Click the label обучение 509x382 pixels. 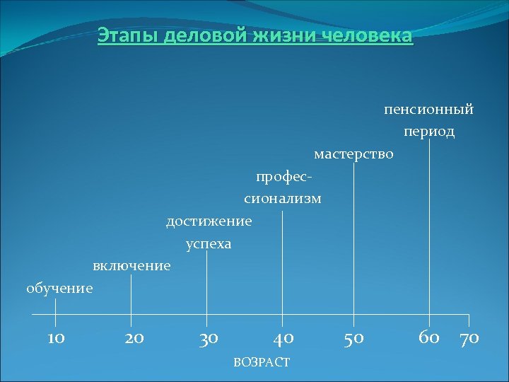coord(59,288)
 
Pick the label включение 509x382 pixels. coord(131,266)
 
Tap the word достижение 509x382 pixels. coord(209,221)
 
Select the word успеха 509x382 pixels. coord(209,244)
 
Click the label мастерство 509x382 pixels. coord(353,154)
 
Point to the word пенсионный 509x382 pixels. coord(428,110)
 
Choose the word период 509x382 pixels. coord(429,132)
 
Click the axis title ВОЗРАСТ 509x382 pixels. coord(261,362)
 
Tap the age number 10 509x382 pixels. coord(56,338)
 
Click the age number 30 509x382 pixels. coord(208,338)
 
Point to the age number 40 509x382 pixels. coord(283,338)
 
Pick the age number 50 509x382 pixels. coord(353,338)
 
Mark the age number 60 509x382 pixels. coord(429,337)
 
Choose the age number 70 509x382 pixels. coord(469,338)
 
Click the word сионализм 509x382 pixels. coord(283,199)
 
